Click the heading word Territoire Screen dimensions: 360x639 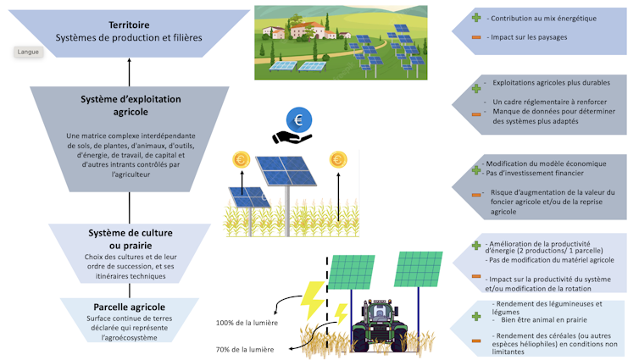(130, 25)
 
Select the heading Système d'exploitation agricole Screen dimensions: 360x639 (130, 105)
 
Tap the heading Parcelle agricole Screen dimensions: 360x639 (129, 307)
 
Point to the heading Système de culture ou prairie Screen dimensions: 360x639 (129, 239)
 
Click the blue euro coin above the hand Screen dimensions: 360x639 (298, 119)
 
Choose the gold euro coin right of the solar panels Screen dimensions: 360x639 (339, 159)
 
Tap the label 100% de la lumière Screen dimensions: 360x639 (246, 323)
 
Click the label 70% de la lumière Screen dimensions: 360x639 (244, 349)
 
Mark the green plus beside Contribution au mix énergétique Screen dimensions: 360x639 (476, 18)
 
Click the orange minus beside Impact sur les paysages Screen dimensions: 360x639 (476, 38)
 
